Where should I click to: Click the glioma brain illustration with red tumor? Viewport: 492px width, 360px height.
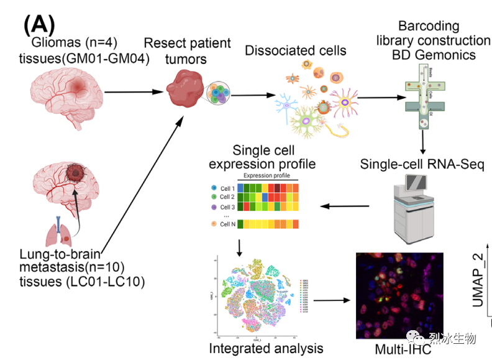click(x=65, y=93)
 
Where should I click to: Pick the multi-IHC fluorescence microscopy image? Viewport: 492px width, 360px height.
click(x=399, y=295)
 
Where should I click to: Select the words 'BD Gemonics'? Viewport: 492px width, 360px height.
click(x=434, y=55)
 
